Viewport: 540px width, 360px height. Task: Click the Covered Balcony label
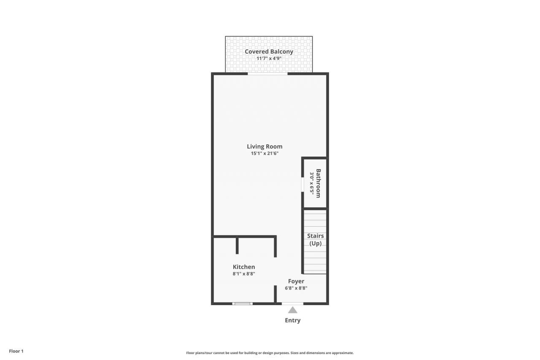click(269, 51)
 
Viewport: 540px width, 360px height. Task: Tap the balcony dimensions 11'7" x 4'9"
click(269, 58)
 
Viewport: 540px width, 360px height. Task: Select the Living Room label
click(265, 146)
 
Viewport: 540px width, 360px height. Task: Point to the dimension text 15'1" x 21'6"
click(265, 153)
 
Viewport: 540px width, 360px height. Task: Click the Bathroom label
click(319, 183)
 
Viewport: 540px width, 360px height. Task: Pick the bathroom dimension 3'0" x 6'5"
click(312, 183)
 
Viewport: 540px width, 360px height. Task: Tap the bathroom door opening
click(302, 184)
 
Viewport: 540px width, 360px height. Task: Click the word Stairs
click(315, 236)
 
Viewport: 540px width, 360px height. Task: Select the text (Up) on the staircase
click(315, 244)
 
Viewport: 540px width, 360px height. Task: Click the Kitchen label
click(244, 267)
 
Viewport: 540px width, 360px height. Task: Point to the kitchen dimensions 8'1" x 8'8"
click(244, 273)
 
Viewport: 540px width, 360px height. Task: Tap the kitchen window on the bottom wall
click(243, 303)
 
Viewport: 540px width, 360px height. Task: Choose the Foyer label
click(296, 281)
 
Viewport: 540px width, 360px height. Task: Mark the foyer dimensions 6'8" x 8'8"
click(296, 288)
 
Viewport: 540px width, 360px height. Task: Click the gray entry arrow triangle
click(292, 310)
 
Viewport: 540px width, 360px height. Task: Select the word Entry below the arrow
click(292, 320)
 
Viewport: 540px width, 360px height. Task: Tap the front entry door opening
click(292, 303)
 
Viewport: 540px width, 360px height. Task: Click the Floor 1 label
click(16, 351)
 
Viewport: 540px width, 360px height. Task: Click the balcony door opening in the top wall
click(267, 74)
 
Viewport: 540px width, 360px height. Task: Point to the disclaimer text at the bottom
click(270, 353)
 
